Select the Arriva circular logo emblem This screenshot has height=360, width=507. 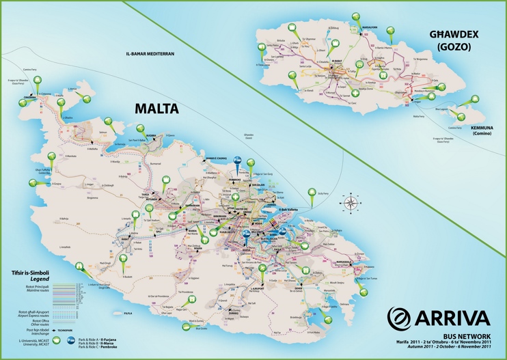pyautogui.click(x=401, y=318)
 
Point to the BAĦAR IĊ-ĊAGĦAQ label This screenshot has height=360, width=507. pyautogui.click(x=217, y=158)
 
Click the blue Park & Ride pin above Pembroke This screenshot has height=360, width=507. pyautogui.click(x=237, y=160)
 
